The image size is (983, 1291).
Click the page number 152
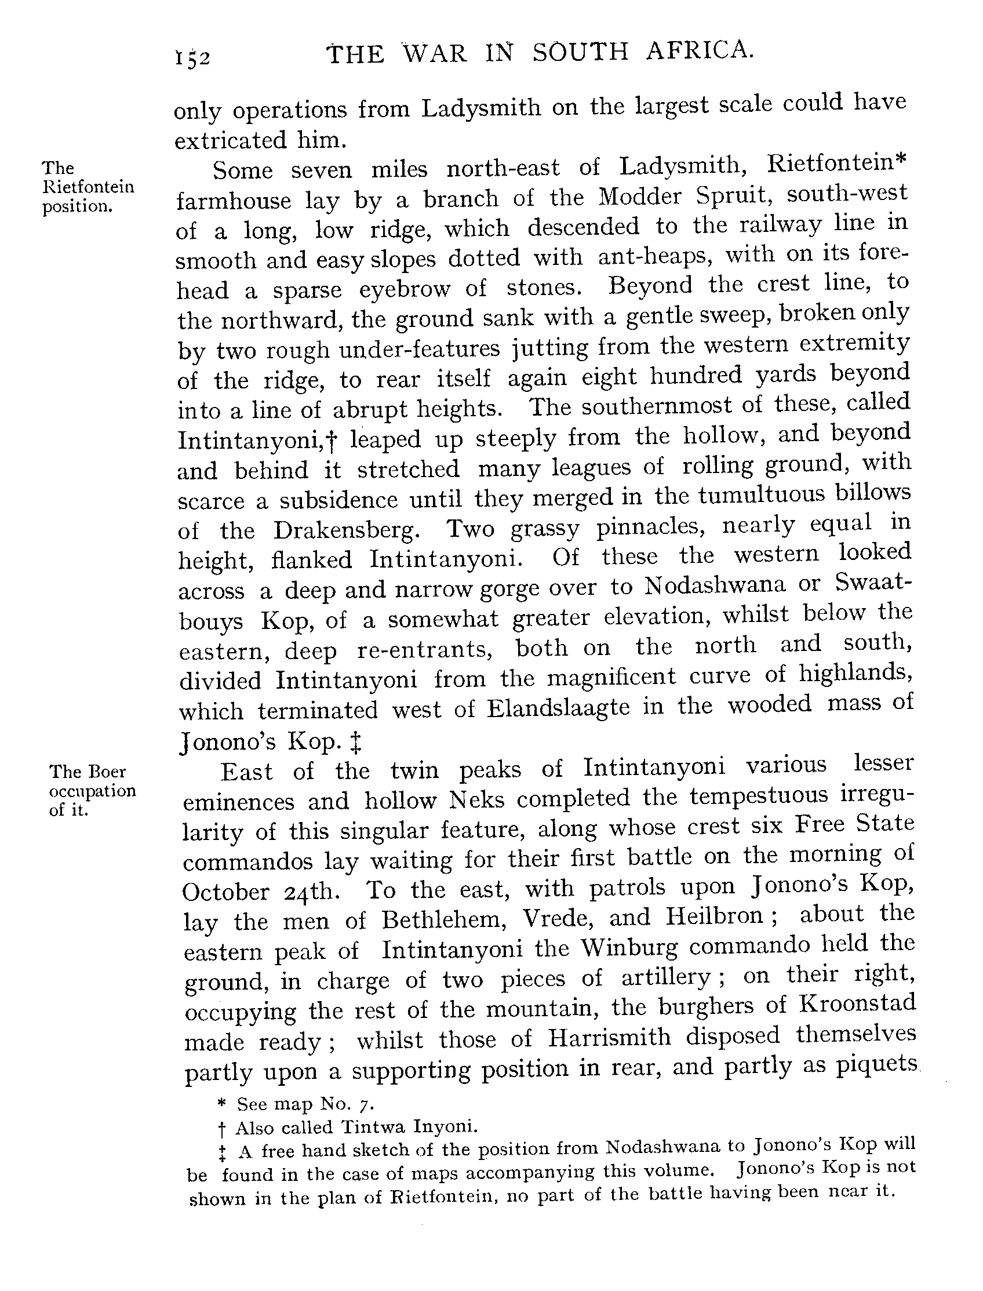pos(192,58)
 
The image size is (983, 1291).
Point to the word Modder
pos(640,197)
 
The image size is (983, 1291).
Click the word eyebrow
pos(405,289)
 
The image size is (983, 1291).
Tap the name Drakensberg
pos(347,530)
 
